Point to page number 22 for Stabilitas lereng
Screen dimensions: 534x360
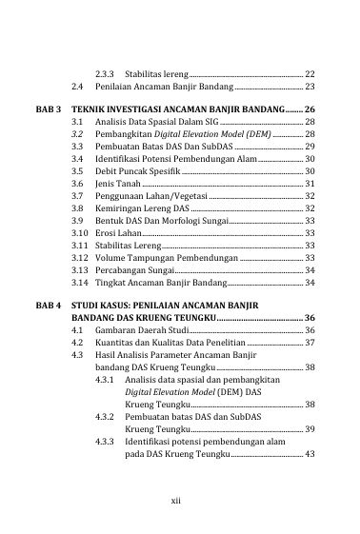coord(310,73)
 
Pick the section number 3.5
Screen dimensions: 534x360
coord(78,169)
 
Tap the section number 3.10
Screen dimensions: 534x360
coord(80,232)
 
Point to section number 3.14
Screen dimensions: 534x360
coord(80,283)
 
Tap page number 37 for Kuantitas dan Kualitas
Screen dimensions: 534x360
coord(310,342)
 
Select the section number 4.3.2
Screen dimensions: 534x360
coord(108,418)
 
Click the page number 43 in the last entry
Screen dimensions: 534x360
coord(310,455)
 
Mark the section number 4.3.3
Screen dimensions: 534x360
coord(108,443)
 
